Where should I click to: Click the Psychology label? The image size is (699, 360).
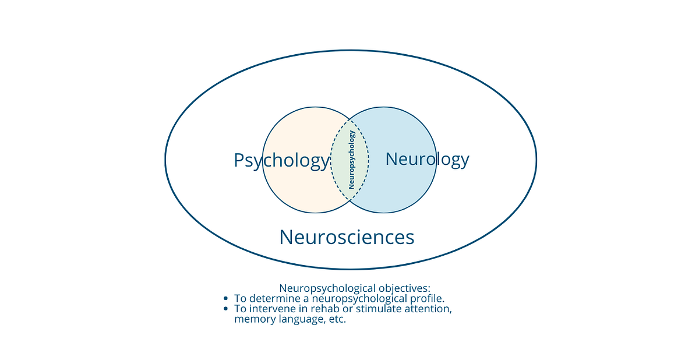point(281,161)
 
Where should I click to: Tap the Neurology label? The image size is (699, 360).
point(427,159)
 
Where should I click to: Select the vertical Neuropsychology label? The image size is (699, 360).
point(351,160)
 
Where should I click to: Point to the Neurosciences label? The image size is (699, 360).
point(347,238)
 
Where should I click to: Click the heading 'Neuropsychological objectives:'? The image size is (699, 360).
point(354,288)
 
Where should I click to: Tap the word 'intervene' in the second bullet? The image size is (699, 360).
point(271,309)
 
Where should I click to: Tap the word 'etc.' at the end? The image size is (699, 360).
point(336,320)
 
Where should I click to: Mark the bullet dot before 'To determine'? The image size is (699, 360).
point(225,299)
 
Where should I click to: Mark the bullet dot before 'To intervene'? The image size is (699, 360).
point(225,309)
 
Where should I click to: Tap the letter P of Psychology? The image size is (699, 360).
point(239,161)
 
